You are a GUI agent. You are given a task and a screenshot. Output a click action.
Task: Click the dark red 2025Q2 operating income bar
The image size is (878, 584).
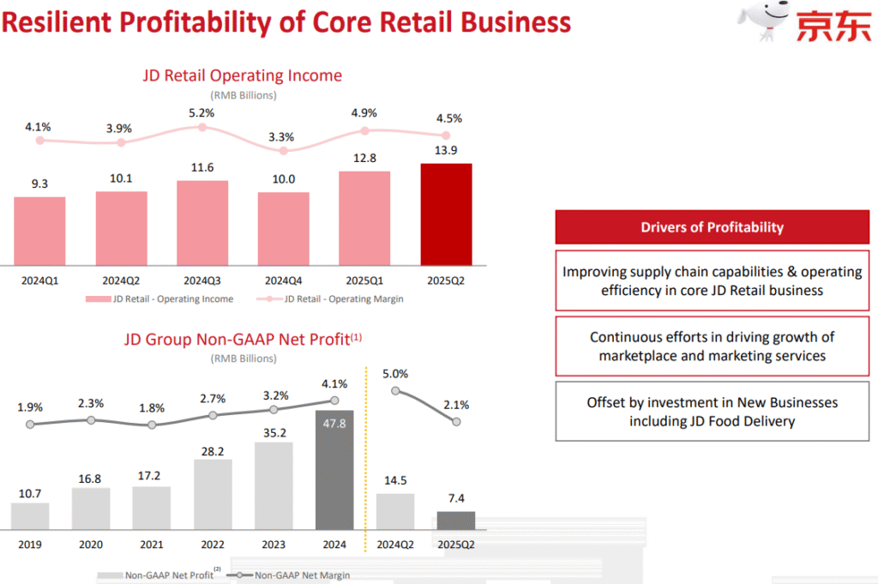click(446, 214)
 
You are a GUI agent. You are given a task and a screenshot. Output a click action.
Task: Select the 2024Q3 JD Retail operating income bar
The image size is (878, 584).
click(202, 223)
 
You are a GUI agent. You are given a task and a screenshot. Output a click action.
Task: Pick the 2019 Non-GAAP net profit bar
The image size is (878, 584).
click(30, 515)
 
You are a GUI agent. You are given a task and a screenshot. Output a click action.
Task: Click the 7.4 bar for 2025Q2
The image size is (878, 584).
click(456, 521)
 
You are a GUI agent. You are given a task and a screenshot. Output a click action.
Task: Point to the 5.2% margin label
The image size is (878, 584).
click(201, 112)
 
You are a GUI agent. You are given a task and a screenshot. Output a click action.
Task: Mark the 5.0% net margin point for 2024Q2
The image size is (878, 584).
click(395, 390)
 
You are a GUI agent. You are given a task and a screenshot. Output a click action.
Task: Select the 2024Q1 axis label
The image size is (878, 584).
click(39, 280)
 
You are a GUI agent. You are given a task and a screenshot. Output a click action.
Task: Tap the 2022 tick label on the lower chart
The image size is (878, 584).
click(213, 545)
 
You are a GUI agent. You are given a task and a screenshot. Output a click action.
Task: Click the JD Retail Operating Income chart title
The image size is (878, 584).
click(242, 76)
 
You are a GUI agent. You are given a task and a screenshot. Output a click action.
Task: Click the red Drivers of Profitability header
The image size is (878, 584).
click(712, 227)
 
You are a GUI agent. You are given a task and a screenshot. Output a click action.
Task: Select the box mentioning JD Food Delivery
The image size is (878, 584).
click(712, 412)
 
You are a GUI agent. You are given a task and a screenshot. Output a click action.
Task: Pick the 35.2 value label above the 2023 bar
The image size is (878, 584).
click(274, 431)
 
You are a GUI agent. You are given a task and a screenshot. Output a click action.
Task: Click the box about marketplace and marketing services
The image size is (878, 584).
click(712, 346)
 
